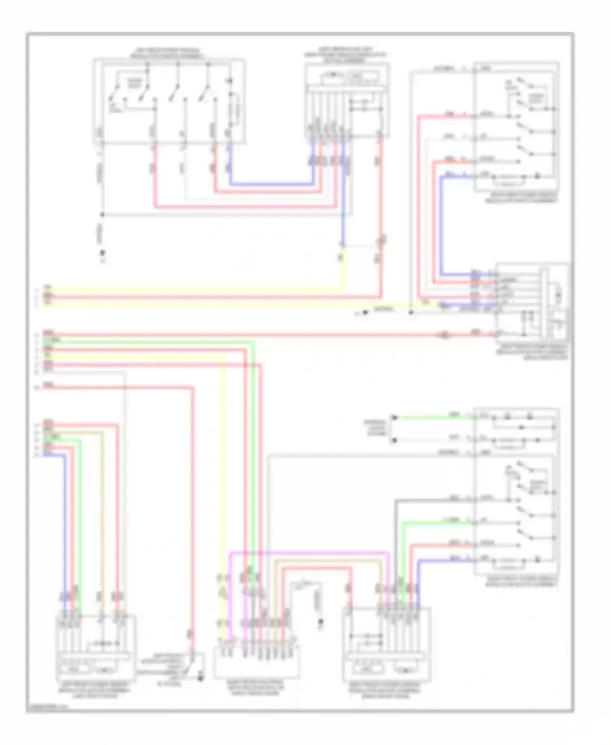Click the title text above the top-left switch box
pyautogui.click(x=168, y=53)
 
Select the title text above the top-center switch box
pyautogui.click(x=346, y=55)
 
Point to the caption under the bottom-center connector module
pyautogui.click(x=256, y=687)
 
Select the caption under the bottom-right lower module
pyautogui.click(x=385, y=690)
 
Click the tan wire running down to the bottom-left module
pyautogui.click(x=102, y=509)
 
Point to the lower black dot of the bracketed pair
pyautogui.click(x=394, y=440)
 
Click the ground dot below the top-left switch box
pyautogui.click(x=103, y=253)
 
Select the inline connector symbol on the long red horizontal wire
pyautogui.click(x=444, y=335)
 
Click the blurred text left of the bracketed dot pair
pyautogui.click(x=375, y=429)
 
